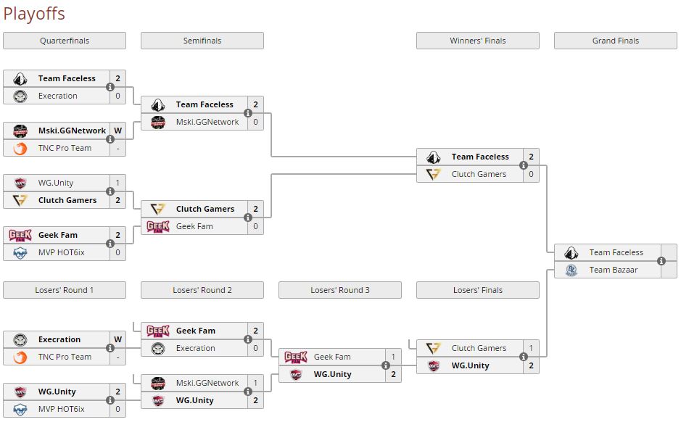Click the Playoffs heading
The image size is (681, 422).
[x=34, y=13]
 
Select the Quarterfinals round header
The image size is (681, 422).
[x=65, y=41]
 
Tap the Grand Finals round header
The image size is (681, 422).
[x=615, y=41]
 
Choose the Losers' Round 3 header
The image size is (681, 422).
[x=340, y=290]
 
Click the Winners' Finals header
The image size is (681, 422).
[x=477, y=41]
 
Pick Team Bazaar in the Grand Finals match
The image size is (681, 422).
[x=613, y=270]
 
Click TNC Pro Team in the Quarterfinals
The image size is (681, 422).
[x=65, y=148]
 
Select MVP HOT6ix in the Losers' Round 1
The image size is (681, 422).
[x=61, y=409]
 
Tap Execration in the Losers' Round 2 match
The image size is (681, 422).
[x=195, y=348]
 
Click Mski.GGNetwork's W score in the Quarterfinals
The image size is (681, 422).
[x=117, y=131]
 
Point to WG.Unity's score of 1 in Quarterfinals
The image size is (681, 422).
[x=117, y=183]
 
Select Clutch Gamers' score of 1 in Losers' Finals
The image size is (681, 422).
[x=531, y=348]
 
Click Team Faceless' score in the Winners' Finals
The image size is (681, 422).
[x=531, y=157]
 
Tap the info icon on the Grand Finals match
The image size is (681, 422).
[x=661, y=261]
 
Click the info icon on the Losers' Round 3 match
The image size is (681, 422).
[x=386, y=365]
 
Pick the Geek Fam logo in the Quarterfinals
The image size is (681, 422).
[x=20, y=235]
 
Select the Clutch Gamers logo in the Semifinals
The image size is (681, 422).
[x=158, y=209]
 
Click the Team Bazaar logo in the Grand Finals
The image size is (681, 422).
[x=571, y=270]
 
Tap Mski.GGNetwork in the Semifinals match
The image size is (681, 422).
[x=207, y=122]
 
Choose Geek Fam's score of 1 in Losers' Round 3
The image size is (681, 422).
[x=393, y=357]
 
